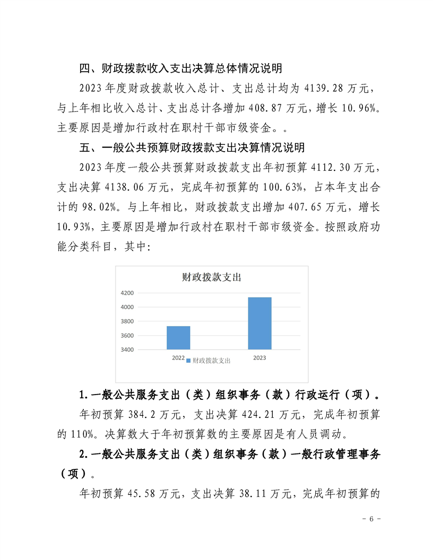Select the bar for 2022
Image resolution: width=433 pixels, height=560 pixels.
point(178,338)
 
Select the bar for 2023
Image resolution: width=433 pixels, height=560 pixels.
point(259,323)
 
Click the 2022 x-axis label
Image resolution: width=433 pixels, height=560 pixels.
point(178,358)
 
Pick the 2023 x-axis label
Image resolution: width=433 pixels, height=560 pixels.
point(259,358)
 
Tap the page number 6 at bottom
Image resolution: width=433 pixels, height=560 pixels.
point(372,519)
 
